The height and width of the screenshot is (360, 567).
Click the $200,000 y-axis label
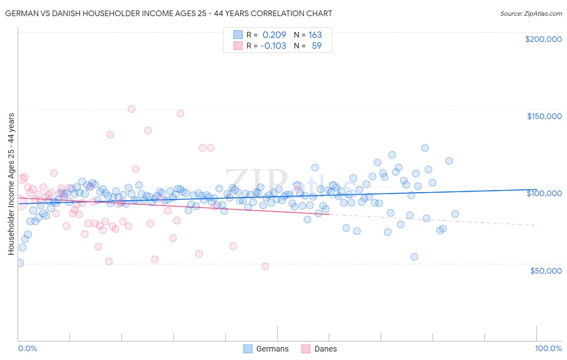point(543,39)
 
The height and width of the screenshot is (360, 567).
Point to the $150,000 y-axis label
point(544,116)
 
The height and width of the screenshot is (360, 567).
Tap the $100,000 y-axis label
point(544,193)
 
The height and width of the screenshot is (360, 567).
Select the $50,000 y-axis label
point(546,271)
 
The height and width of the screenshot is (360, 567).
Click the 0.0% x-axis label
point(27,349)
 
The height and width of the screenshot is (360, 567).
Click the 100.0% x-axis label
point(548,349)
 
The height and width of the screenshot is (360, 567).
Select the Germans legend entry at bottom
point(266,349)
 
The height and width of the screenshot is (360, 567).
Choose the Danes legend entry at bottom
point(319,349)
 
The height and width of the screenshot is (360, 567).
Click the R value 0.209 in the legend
point(274,35)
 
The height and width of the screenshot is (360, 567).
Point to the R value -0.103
point(273,46)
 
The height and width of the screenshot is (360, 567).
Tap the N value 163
point(315,35)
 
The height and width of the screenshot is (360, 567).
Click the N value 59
point(317,46)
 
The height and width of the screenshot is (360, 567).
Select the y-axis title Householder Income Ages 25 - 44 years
point(11,184)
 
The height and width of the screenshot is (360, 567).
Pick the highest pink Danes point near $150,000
point(131,109)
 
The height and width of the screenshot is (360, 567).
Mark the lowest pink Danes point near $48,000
point(265,266)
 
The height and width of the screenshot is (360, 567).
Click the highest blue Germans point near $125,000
point(425,148)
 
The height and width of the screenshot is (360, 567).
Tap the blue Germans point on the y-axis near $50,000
point(19,263)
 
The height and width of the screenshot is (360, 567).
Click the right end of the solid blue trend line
point(536,189)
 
